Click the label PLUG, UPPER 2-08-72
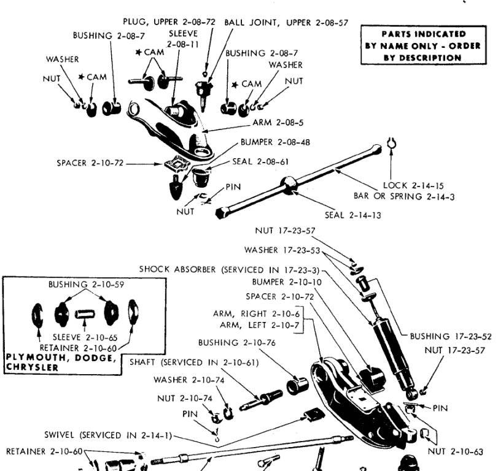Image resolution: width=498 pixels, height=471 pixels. [169, 21]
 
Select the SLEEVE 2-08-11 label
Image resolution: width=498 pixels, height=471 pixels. [182, 39]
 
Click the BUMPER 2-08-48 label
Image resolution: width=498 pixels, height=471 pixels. [275, 142]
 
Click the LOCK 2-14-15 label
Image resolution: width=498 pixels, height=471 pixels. [413, 185]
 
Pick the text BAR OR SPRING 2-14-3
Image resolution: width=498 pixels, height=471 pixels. [404, 196]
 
